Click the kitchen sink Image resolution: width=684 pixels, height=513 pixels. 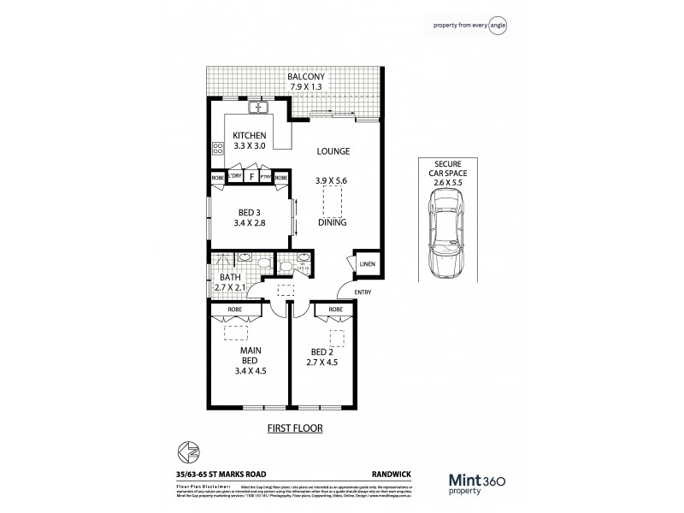tap(260, 109)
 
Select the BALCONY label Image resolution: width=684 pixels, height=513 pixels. tap(296, 75)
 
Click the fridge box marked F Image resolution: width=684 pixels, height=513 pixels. tap(251, 177)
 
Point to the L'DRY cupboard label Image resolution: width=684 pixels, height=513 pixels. tap(234, 177)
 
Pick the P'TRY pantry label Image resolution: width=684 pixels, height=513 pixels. tap(267, 177)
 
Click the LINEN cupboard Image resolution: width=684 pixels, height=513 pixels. tap(367, 264)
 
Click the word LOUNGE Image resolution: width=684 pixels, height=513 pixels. tap(333, 151)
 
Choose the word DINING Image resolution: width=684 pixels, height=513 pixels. tap(332, 222)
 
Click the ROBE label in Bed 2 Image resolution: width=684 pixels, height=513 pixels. tap(335, 309)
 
